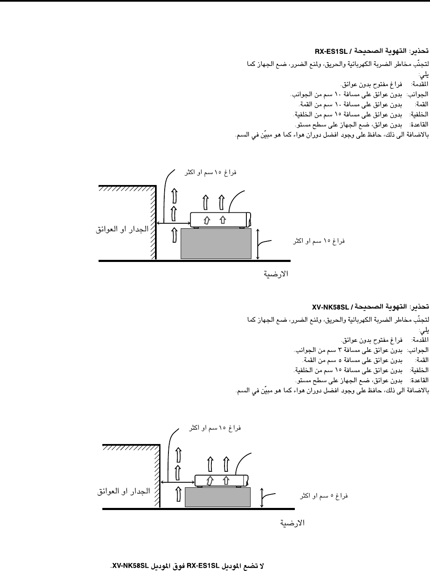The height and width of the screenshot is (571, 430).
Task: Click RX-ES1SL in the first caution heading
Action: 331,52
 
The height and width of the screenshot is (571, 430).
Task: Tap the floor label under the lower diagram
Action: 292,523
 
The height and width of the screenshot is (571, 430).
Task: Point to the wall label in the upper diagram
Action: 122,230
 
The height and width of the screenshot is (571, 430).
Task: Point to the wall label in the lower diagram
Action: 124,491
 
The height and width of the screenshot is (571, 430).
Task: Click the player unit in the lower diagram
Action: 222,480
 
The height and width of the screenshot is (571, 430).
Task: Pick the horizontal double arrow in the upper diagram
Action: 173,223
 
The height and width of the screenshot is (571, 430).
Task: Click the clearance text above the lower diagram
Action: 215,428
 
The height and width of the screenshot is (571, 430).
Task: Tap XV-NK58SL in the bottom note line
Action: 131,566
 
